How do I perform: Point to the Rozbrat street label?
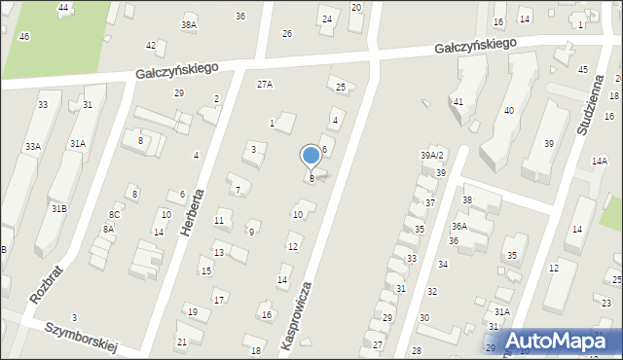[46, 284]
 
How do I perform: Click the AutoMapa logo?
[566, 341]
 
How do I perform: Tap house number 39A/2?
[431, 156]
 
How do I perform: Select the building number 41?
[458, 101]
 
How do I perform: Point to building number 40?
[508, 111]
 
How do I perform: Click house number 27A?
[265, 85]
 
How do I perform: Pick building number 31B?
[59, 208]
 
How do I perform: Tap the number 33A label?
[33, 146]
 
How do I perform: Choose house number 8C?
[114, 214]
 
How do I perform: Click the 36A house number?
[458, 226]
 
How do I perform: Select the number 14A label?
[599, 162]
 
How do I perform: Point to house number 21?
[181, 342]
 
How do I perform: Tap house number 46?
[23, 36]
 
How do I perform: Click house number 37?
[429, 202]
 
